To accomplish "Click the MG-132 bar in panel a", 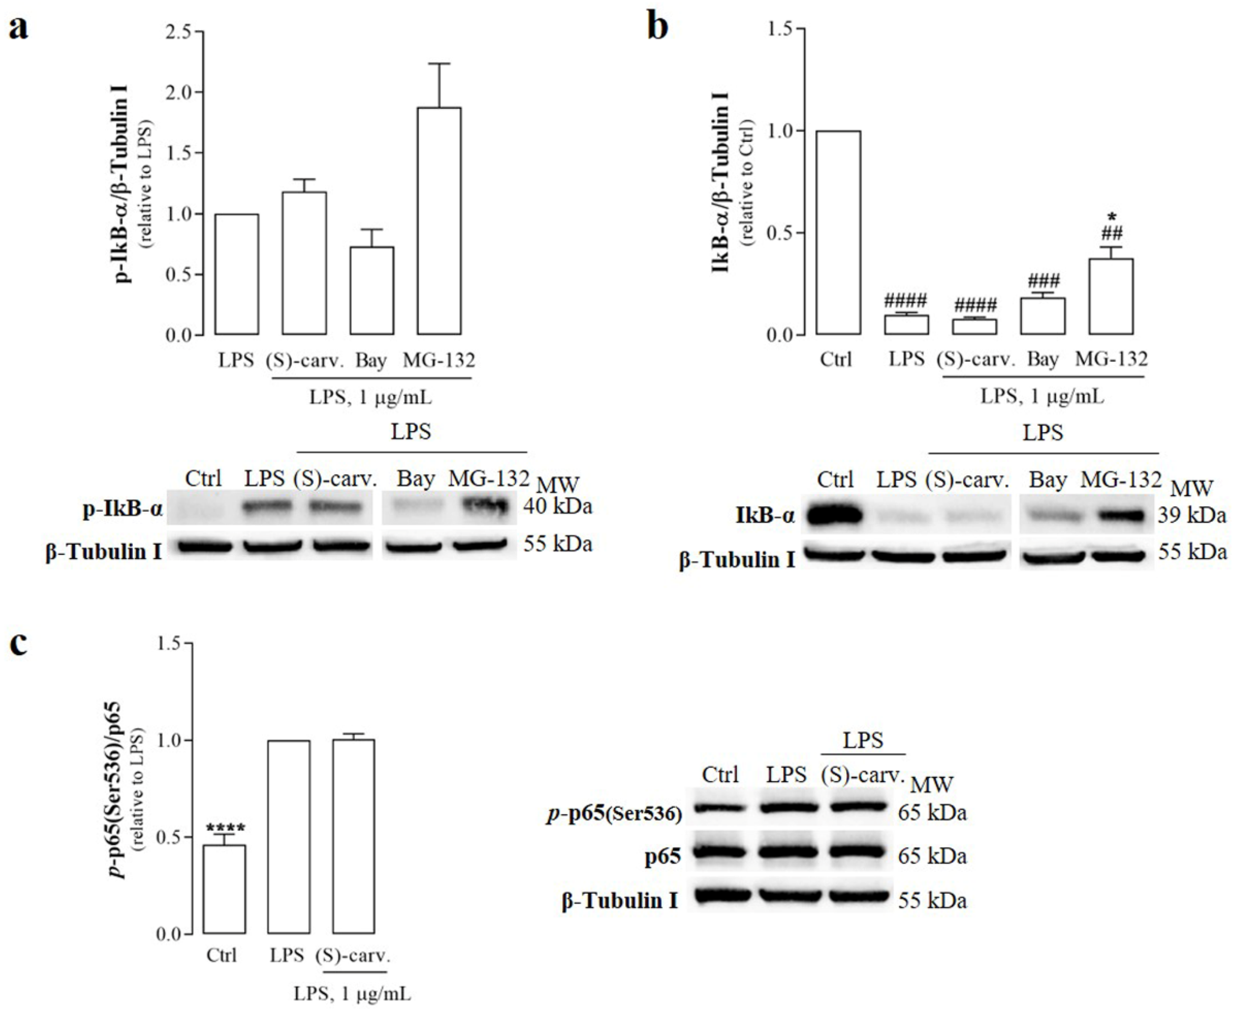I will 439,221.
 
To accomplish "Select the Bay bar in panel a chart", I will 371,291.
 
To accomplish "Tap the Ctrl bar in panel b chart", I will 837,233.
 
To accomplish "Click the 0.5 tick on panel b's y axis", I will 781,233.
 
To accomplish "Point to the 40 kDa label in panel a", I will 557,506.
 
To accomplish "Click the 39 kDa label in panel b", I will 1191,515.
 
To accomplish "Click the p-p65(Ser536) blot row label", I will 614,814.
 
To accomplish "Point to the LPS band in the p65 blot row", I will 786,852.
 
